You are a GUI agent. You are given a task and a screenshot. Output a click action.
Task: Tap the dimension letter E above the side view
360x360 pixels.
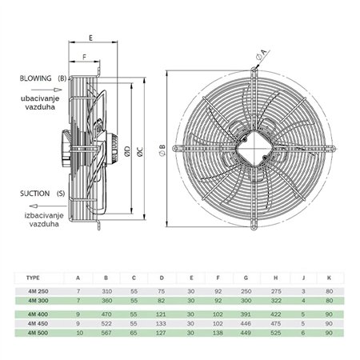(x=91, y=38)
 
